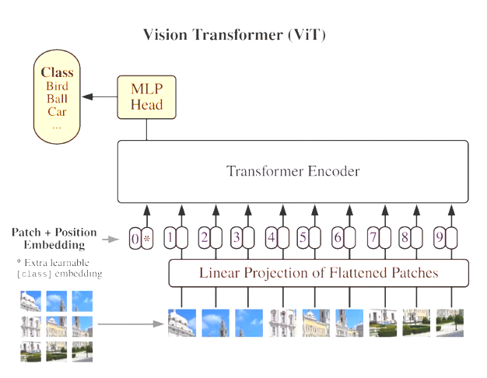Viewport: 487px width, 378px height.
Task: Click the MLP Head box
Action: [147, 97]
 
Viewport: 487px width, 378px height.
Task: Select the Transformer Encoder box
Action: [293, 171]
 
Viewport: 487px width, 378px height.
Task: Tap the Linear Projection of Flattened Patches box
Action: [319, 273]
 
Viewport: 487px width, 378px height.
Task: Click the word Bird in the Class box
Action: [57, 86]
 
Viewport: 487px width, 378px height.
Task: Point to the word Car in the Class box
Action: [57, 112]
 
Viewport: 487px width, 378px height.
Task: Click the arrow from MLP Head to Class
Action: [100, 97]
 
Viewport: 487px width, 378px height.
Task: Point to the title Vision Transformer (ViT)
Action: [234, 36]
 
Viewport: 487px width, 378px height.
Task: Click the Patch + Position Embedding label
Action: [54, 239]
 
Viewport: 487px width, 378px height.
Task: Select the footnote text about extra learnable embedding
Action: [58, 269]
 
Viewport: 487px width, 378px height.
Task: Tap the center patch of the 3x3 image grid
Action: [57, 325]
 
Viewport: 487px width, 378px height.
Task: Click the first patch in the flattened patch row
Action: [182, 323]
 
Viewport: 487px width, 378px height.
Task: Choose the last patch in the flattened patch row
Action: [450, 323]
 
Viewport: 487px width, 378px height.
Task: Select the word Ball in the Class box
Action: [57, 99]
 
